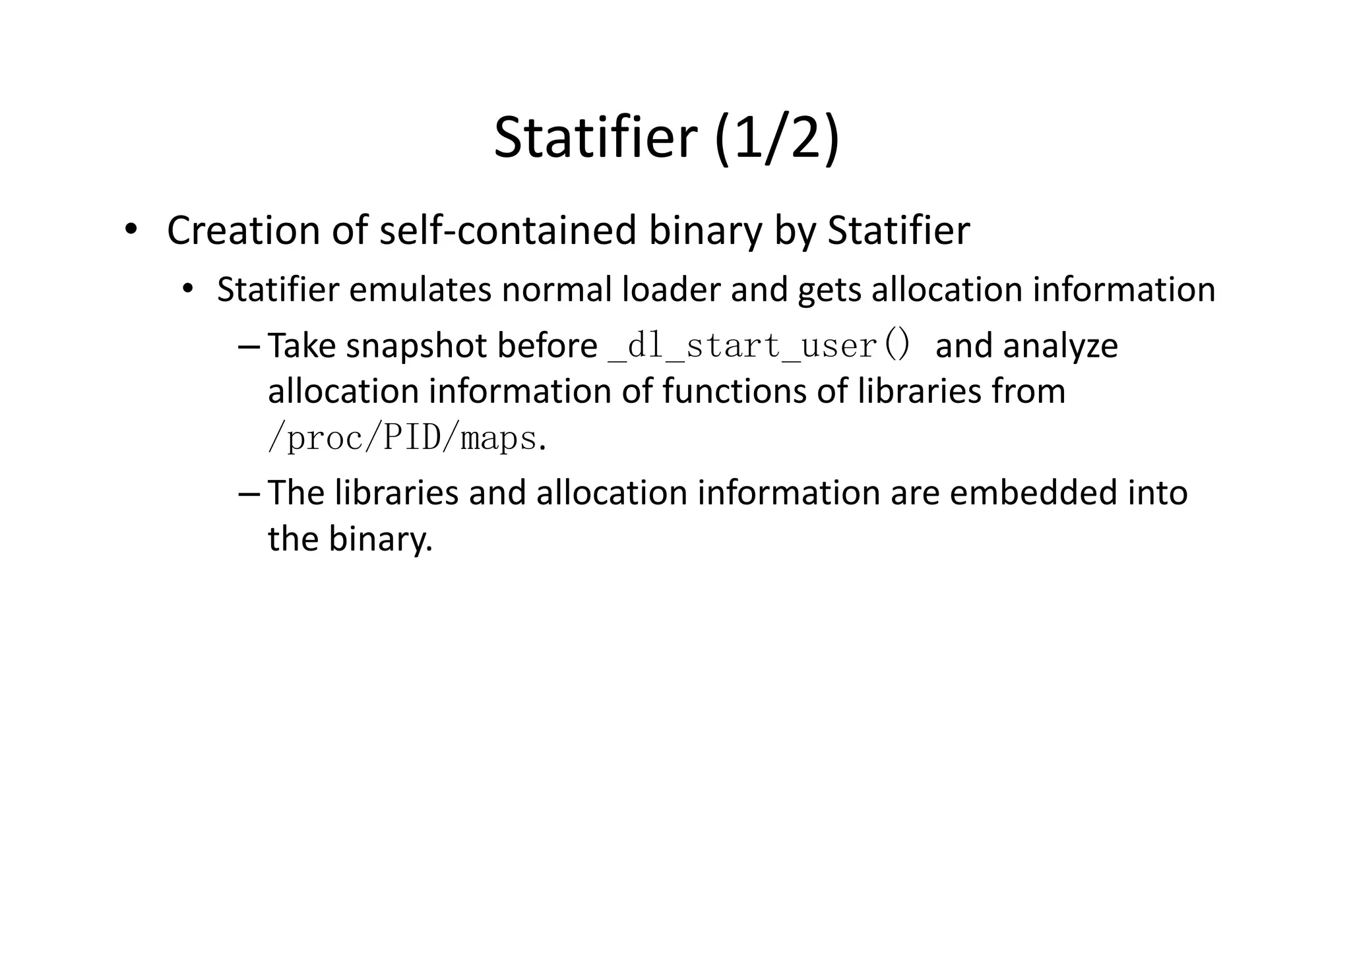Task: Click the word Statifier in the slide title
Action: pos(595,138)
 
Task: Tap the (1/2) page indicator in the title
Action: pos(776,138)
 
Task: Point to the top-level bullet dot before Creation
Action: pos(131,229)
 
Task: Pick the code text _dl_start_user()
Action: pos(759,345)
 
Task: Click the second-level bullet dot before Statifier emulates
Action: pos(189,289)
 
